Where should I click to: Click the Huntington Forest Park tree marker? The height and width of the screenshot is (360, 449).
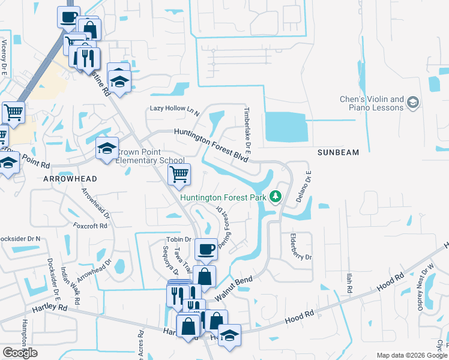pyautogui.click(x=276, y=196)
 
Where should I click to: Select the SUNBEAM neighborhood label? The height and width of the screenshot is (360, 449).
pyautogui.click(x=339, y=152)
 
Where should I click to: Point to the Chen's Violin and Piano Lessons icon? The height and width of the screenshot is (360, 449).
pyautogui.click(x=412, y=103)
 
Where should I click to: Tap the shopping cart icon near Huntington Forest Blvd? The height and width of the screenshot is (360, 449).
pyautogui.click(x=179, y=175)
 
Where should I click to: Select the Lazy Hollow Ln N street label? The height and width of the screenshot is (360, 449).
pyautogui.click(x=175, y=109)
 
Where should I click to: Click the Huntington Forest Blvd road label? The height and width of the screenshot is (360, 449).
pyautogui.click(x=211, y=142)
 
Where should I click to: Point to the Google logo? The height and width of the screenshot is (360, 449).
pyautogui.click(x=20, y=353)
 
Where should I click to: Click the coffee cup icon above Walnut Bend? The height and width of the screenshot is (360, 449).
pyautogui.click(x=206, y=248)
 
